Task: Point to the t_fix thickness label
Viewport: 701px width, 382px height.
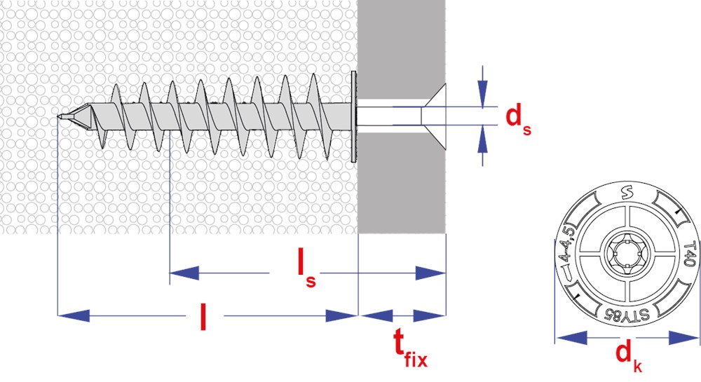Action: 409,348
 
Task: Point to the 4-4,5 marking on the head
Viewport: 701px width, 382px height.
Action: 568,252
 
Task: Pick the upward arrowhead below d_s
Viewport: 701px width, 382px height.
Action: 482,142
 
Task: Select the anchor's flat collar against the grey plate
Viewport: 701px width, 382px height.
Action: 353,116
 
